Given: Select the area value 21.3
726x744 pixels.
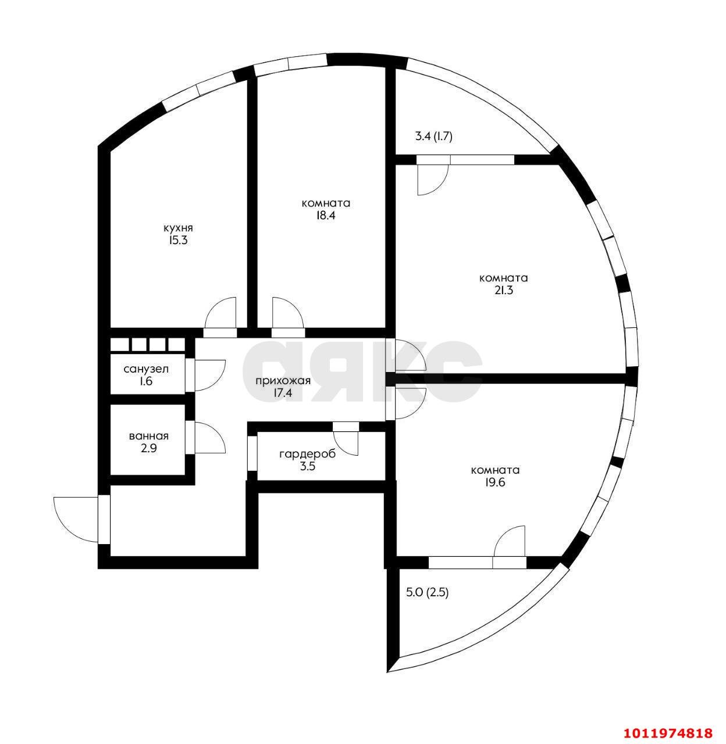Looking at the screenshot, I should pos(503,289).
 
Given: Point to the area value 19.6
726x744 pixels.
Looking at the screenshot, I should pos(495,482).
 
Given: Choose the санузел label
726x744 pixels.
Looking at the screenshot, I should pos(146,369).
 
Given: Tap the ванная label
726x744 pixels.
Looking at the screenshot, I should pos(149,436).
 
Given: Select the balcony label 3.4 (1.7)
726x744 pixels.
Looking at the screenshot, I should pos(433,137).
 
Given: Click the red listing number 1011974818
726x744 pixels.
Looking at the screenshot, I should pos(670,732).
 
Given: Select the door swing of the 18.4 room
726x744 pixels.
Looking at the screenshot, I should pos(287,314).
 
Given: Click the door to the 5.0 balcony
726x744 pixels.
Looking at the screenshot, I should pos(509,542).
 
